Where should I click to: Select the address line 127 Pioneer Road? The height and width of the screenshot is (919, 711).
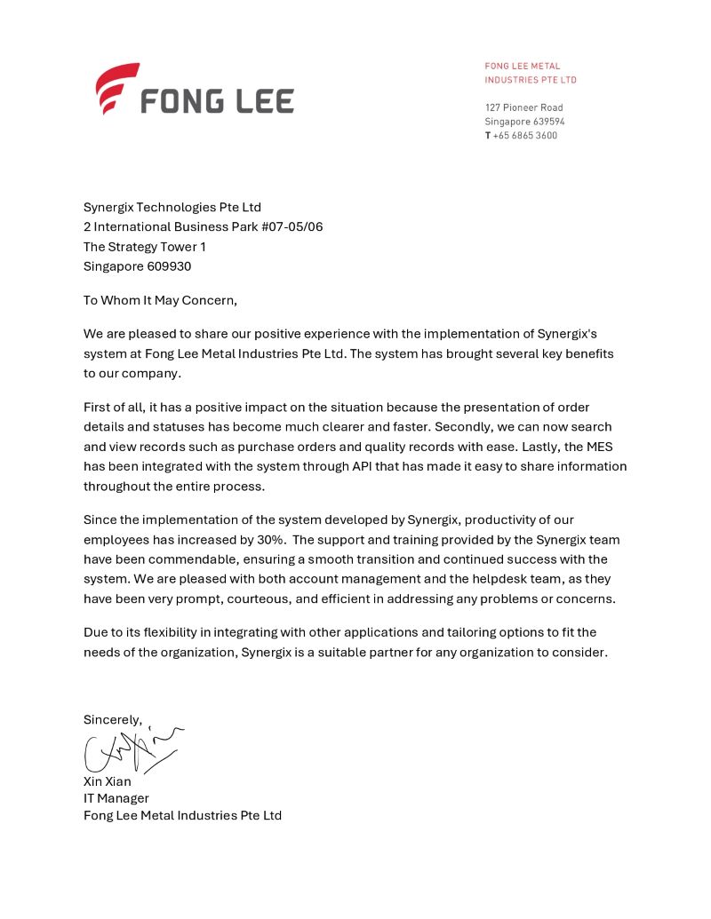(523, 107)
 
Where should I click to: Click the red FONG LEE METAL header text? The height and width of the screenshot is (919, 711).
(523, 66)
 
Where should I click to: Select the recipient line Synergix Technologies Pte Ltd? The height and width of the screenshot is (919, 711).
(172, 207)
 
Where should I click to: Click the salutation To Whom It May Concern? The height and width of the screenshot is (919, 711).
(160, 300)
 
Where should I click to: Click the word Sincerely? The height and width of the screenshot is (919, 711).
(112, 719)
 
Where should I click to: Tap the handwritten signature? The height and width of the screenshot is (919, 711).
(129, 750)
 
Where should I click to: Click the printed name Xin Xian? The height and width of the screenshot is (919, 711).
(107, 781)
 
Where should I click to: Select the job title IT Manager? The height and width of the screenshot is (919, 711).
(116, 798)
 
